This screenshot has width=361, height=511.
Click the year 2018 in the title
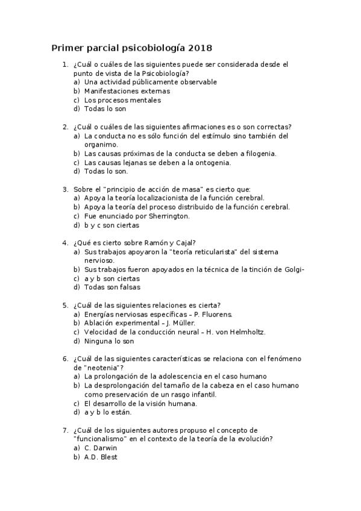click(201, 47)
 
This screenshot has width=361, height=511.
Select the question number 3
click(64, 189)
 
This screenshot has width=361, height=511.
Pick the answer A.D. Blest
click(101, 457)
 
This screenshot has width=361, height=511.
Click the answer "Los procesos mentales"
click(114, 100)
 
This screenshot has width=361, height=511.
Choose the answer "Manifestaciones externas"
click(118, 91)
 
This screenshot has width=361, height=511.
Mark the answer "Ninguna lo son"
click(109, 340)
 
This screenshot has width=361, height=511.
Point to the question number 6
click(64, 359)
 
